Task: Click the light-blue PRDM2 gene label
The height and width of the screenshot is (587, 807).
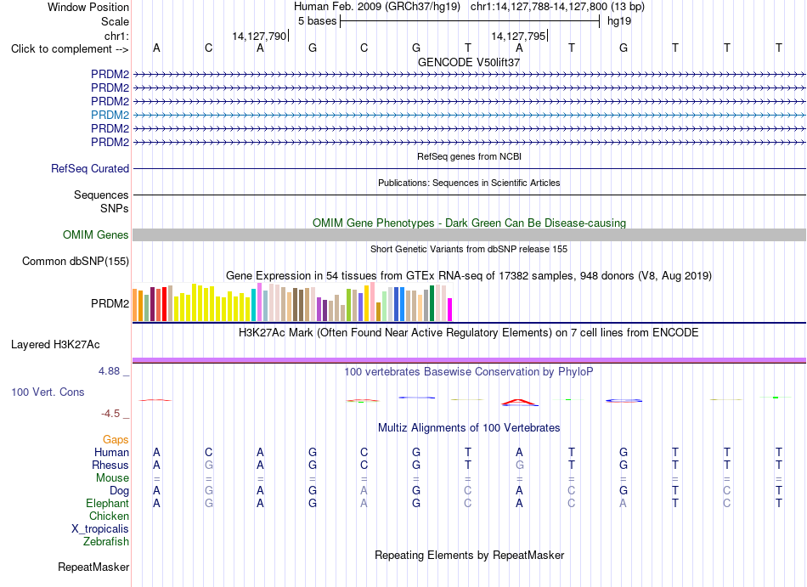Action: click(110, 115)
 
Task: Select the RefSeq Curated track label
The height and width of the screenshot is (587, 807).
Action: click(90, 169)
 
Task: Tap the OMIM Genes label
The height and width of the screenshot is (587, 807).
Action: click(96, 235)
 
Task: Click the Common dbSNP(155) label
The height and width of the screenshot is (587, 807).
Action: click(76, 262)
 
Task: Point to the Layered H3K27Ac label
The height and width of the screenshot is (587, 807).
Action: click(55, 345)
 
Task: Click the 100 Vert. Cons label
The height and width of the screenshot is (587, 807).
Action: click(48, 392)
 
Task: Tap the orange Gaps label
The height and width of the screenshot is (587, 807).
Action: click(116, 439)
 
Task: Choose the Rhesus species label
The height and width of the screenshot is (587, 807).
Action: click(110, 465)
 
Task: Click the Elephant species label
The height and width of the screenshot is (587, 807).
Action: click(107, 503)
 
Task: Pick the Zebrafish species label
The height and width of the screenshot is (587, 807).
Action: click(106, 541)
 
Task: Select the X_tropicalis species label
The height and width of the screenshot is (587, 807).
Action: click(100, 529)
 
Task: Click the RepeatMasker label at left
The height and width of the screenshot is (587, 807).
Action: click(93, 567)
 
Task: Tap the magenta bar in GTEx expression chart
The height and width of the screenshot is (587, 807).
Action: click(450, 310)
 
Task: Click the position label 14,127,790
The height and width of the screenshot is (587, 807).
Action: click(259, 36)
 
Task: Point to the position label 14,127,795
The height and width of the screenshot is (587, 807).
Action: click(518, 36)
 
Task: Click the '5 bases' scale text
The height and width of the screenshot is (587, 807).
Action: click(317, 21)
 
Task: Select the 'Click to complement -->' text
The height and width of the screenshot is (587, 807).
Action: click(70, 49)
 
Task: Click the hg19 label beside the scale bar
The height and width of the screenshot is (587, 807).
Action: click(619, 21)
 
